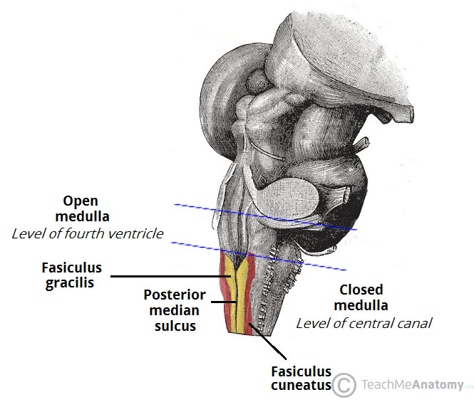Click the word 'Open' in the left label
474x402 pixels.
tap(80, 201)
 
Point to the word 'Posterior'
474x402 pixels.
tap(174, 295)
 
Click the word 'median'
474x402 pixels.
tap(174, 310)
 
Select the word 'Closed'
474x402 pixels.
tap(361, 290)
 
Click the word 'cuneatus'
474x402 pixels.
tap(301, 386)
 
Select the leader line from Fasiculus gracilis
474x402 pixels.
tap(171, 276)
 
